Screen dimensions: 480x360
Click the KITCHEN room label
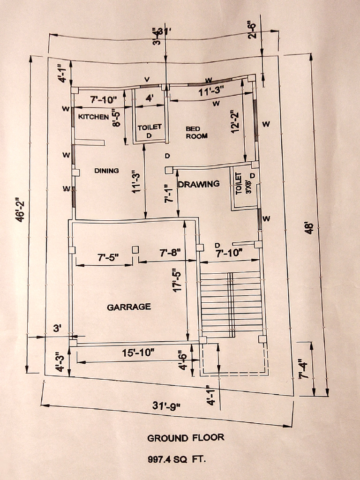coord(93,117)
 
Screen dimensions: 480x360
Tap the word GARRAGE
coord(129,307)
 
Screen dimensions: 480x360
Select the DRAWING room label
coord(199,184)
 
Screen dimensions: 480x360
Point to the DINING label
coord(106,171)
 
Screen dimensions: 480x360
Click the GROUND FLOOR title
coord(186,438)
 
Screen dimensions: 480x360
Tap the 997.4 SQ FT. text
coord(177,459)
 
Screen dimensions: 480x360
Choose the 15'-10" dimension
coord(138,353)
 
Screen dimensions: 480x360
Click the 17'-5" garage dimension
coord(177,279)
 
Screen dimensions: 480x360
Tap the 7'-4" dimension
coord(304,369)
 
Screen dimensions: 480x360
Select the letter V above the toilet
coord(147,80)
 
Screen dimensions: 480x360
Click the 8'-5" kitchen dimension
coord(117,118)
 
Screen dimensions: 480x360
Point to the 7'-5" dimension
coord(108,258)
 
